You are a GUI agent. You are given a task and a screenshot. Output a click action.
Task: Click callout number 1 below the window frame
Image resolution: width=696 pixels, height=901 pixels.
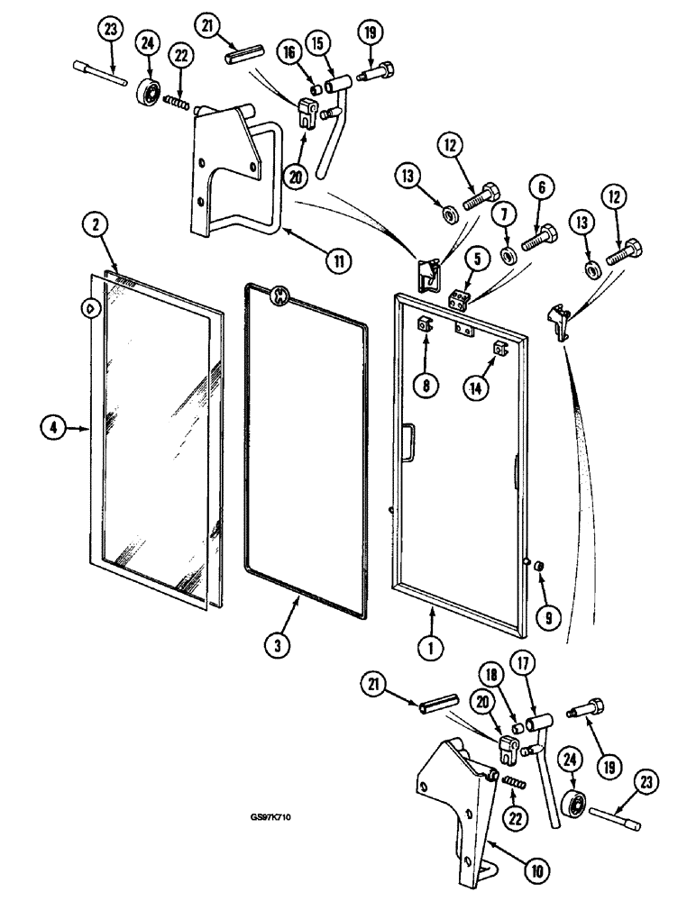point(431,644)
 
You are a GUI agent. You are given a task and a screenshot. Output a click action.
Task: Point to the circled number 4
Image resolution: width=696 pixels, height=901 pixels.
point(53,430)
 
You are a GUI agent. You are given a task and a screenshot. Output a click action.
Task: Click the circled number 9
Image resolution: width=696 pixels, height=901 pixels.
point(546,616)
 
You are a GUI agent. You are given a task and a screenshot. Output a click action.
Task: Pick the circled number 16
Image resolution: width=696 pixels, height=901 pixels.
point(289,55)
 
